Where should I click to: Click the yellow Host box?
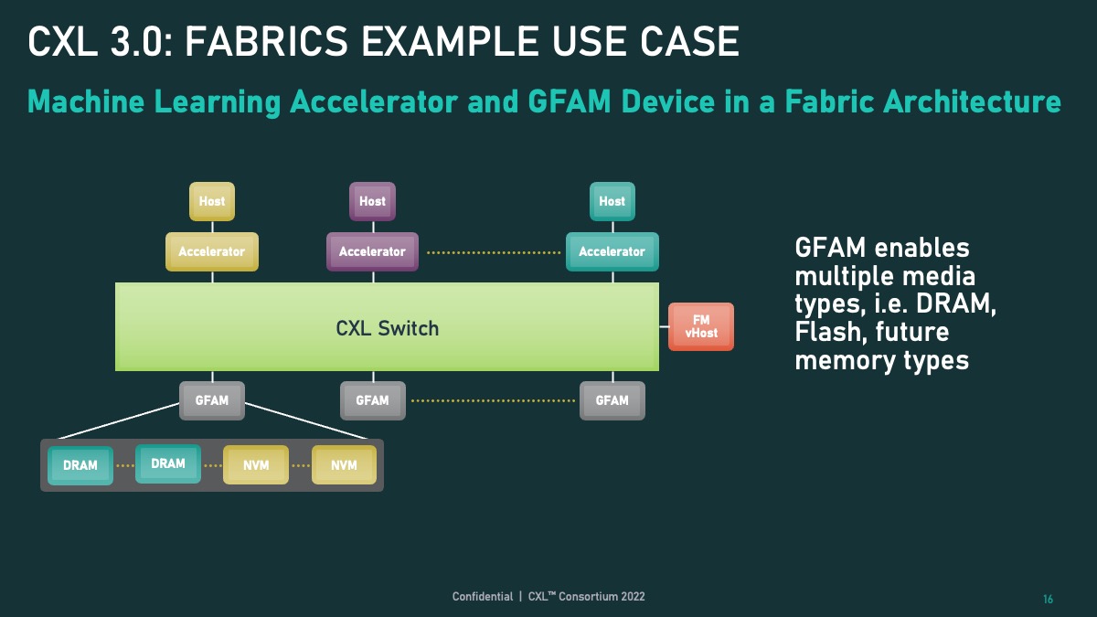(x=212, y=201)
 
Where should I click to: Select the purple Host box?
(x=372, y=201)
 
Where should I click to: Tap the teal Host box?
(x=612, y=201)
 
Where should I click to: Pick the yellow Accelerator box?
(x=212, y=251)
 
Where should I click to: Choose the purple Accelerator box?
(x=372, y=251)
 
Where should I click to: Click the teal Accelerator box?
(x=612, y=251)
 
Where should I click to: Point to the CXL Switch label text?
(x=388, y=328)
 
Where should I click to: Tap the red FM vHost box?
(x=701, y=327)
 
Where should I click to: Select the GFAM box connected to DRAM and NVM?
(x=212, y=400)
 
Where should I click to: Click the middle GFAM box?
(x=372, y=400)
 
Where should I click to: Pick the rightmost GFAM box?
(x=612, y=400)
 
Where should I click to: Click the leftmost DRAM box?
(x=80, y=465)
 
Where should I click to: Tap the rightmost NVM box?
(x=344, y=465)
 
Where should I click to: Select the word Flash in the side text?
(x=829, y=332)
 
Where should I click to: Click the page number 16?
(x=1048, y=600)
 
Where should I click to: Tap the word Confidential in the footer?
(x=483, y=597)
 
